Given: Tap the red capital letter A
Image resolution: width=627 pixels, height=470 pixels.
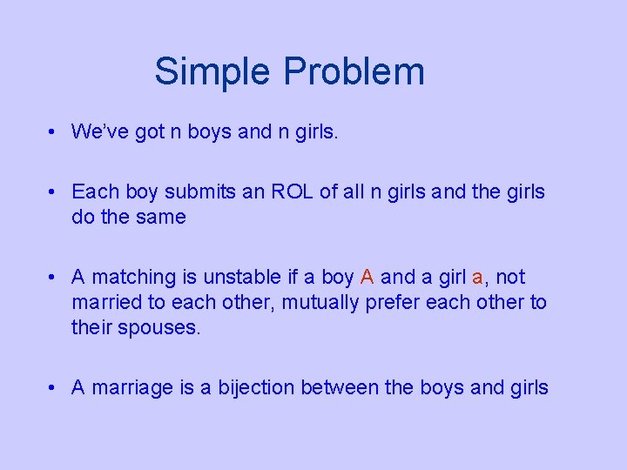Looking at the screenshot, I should pos(367,277).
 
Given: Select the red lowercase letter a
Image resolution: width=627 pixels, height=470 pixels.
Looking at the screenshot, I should pos(476,278).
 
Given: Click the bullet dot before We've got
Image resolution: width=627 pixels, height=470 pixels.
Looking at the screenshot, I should pos(54,132).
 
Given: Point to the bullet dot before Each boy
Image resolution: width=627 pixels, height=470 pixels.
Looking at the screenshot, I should pos(54,192).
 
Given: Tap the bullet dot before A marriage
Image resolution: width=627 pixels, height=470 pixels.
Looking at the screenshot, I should pos(54,388).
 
